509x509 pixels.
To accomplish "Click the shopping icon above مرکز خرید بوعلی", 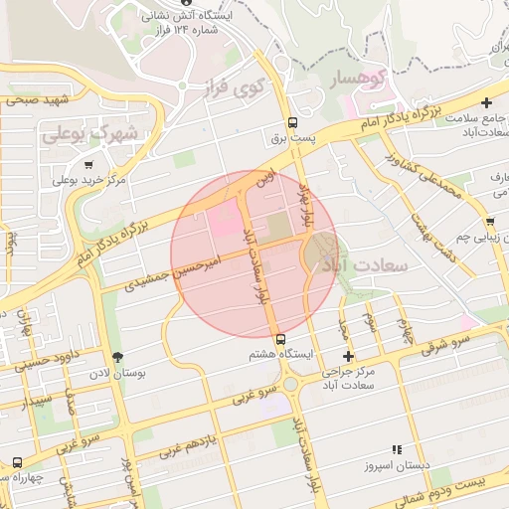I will [x=89, y=164].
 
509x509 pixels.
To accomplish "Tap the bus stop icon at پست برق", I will [x=284, y=123].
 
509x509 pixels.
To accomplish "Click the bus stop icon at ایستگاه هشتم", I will [x=279, y=338].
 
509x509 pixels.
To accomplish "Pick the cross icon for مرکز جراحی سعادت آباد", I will [x=348, y=356].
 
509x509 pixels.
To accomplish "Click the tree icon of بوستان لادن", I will [x=118, y=357].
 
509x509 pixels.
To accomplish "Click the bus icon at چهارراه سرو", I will [x=17, y=462].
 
